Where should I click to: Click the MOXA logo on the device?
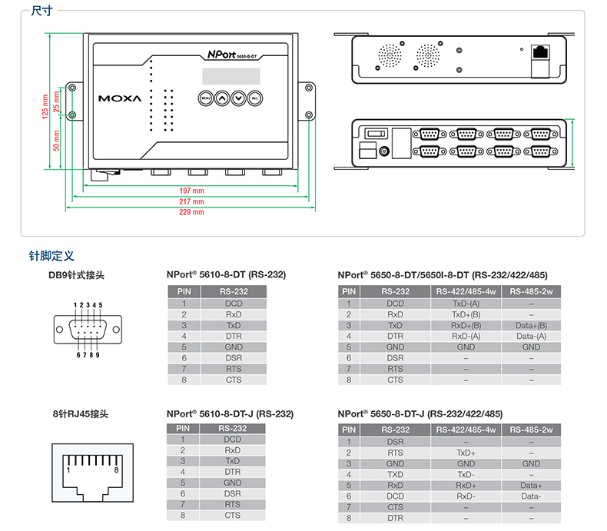pyautogui.click(x=119, y=98)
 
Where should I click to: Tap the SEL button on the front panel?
pyautogui.click(x=254, y=98)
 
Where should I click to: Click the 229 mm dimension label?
pyautogui.click(x=191, y=211)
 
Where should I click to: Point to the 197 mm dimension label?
pyautogui.click(x=191, y=190)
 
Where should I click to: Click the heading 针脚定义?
pyautogui.click(x=51, y=256)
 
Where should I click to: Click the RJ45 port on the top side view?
pyautogui.click(x=540, y=53)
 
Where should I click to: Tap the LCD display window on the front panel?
pyautogui.click(x=228, y=77)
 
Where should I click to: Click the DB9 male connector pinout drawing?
pyautogui.click(x=88, y=330)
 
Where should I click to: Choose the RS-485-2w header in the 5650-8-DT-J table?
pyautogui.click(x=531, y=430)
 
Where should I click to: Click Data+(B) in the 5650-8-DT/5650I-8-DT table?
pyautogui.click(x=531, y=325)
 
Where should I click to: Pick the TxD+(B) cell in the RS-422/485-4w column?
pyautogui.click(x=466, y=314)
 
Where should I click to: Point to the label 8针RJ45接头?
pyautogui.click(x=80, y=413)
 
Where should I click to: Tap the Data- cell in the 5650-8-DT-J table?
pyautogui.click(x=531, y=496)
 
